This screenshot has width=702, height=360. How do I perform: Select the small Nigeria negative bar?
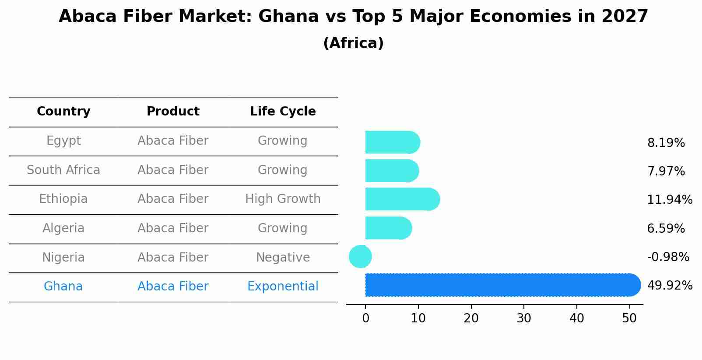360,256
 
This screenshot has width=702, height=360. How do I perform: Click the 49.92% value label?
670,286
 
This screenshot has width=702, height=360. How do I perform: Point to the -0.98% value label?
668,257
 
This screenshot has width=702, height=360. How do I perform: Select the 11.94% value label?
670,200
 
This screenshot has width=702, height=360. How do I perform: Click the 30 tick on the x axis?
524,318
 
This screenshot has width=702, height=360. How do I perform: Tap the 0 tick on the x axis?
365,318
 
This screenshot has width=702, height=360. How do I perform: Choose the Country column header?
63,112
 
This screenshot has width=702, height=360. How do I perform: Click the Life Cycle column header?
283,112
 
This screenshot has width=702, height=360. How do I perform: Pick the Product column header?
173,112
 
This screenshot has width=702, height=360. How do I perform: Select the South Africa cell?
63,170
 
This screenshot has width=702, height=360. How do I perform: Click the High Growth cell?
283,199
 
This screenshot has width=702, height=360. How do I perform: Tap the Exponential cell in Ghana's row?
283,287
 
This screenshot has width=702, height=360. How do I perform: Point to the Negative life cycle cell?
283,258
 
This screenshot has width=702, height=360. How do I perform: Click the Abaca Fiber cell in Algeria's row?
173,228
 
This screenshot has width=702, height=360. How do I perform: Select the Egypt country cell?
63,141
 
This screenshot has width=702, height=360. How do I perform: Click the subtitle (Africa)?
353,43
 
